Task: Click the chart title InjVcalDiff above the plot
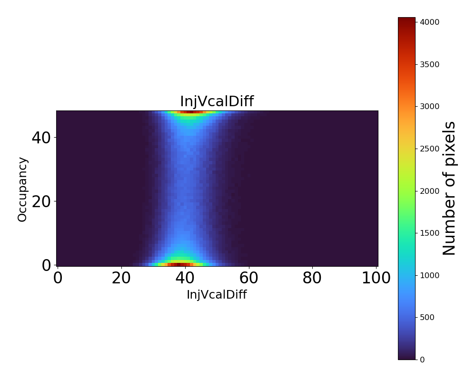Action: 217,101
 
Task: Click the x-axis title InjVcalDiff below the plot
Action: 217,295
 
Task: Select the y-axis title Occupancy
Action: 22,189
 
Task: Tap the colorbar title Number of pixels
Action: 449,188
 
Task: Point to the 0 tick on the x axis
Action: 58,278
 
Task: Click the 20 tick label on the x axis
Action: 121,278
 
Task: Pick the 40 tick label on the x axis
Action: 185,278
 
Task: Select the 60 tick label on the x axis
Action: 248,278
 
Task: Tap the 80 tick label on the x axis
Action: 312,278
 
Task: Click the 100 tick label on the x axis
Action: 376,278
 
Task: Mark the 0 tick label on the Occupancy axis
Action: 46,265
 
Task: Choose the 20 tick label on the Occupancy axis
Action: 41,201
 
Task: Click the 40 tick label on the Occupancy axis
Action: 41,138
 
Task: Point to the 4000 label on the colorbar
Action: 429,22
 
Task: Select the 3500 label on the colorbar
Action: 429,64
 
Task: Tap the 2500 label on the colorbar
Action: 429,149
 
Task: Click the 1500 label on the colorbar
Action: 429,233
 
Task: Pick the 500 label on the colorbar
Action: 427,317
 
